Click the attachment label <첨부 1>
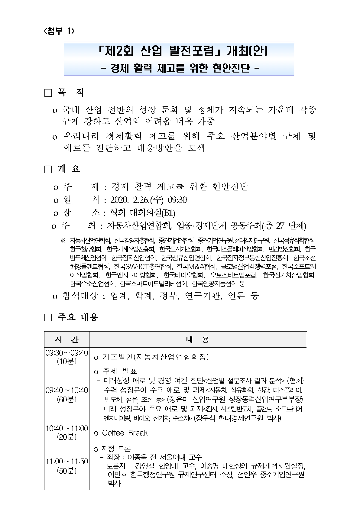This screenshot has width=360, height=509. pos(59,31)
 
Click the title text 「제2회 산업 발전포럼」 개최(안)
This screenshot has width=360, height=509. pos(179,52)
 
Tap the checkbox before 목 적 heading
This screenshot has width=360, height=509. pos(48,93)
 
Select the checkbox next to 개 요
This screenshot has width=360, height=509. pos(48,169)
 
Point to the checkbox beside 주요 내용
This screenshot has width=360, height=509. pos(48,318)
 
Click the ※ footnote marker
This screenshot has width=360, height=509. pos(63,241)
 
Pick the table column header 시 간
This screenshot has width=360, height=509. pos(67,339)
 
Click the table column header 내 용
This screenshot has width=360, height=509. pos(198,339)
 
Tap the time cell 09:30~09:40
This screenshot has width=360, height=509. pos(67,353)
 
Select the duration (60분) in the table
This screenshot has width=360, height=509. pos(67,399)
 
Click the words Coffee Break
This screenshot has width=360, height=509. pos(125,433)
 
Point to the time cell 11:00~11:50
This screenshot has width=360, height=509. pos(67,462)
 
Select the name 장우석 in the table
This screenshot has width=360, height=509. pos(206,418)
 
